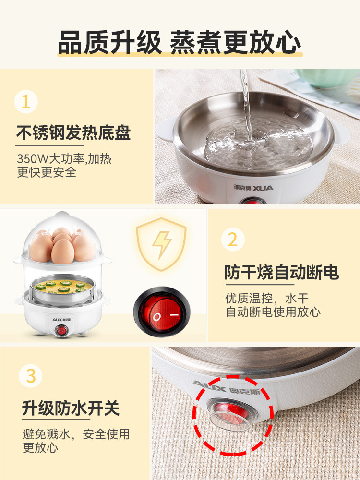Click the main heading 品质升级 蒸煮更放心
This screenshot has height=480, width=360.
click(x=180, y=43)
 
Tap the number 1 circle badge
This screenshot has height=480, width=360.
click(x=26, y=102)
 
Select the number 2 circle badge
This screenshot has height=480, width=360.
click(x=233, y=240)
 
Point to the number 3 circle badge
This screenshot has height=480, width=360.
click(x=31, y=375)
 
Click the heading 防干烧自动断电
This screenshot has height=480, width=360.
click(x=282, y=272)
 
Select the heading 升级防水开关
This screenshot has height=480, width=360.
click(x=71, y=408)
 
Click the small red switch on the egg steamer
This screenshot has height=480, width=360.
click(x=61, y=331)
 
